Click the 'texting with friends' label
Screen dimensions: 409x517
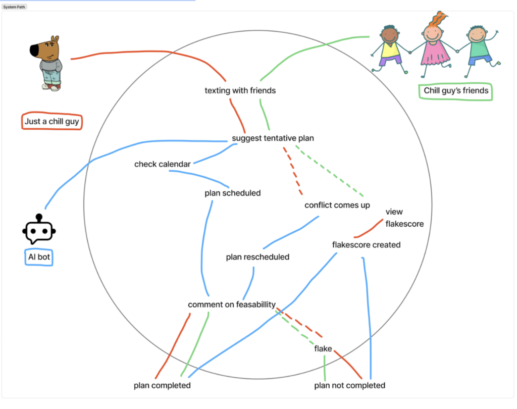point(240,91)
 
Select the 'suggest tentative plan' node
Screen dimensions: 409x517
point(273,138)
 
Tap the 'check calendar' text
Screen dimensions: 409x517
point(162,164)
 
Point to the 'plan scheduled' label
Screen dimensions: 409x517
point(232,193)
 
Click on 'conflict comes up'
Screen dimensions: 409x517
point(337,205)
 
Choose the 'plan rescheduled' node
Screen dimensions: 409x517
point(257,257)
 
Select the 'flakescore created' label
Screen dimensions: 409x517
point(366,245)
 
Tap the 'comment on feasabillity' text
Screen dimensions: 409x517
point(232,304)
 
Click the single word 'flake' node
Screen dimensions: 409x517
point(323,349)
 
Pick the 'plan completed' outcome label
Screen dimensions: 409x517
point(162,386)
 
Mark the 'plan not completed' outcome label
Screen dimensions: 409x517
point(349,386)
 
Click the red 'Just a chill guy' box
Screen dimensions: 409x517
point(52,121)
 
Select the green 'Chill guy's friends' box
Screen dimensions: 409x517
point(456,91)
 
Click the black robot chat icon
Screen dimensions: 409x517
point(39,231)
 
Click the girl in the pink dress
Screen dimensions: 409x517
point(434,43)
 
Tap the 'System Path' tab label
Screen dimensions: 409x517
point(14,7)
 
